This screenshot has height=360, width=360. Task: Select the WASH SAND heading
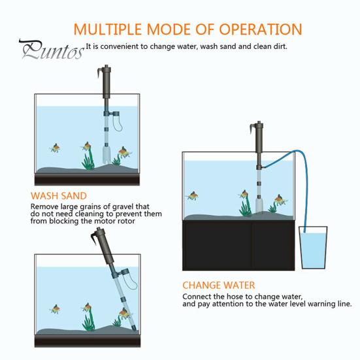pyautogui.click(x=58, y=195)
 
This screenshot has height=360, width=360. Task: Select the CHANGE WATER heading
pyautogui.click(x=218, y=286)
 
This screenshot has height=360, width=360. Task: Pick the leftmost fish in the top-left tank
pyautogui.click(x=57, y=148)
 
